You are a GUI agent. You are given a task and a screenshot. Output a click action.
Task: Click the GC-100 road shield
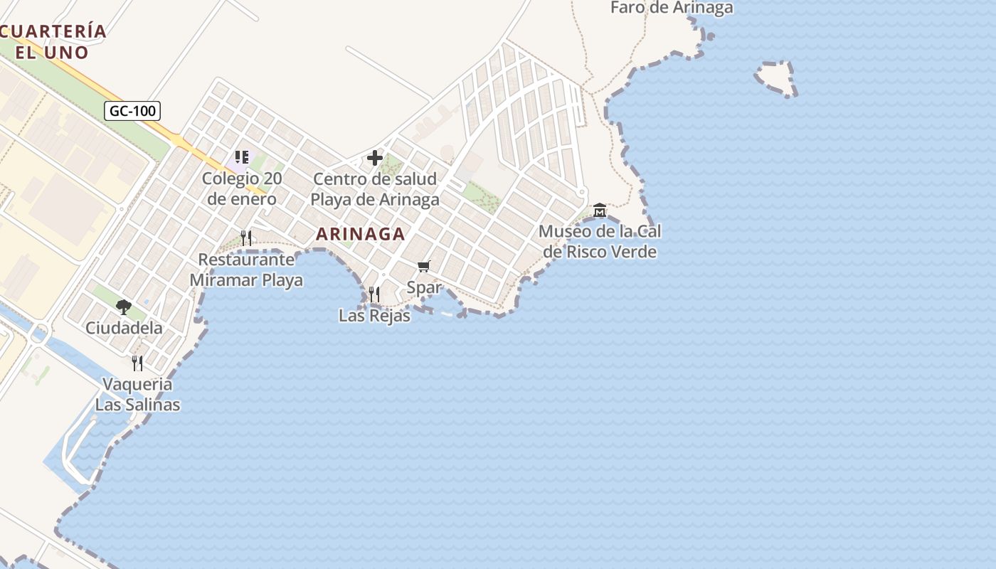point(132,111)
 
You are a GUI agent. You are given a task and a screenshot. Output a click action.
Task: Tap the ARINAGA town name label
point(361,234)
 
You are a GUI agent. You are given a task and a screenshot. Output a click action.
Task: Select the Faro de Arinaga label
point(672,8)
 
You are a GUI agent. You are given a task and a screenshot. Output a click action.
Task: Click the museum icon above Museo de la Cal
point(600,210)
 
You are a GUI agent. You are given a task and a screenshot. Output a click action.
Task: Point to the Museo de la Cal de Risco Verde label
point(600,241)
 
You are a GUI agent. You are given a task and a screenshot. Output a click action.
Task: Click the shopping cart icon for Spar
point(424,267)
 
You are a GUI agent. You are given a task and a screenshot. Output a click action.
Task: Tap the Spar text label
point(424,288)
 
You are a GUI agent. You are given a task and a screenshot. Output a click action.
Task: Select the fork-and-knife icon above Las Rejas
point(374,294)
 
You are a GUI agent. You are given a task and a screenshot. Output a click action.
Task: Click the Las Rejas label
point(374,315)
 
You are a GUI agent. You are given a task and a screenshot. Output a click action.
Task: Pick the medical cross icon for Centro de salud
point(375,158)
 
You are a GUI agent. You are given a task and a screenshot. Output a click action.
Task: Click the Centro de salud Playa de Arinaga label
point(375,189)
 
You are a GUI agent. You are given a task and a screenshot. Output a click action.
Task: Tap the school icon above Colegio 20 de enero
point(241,157)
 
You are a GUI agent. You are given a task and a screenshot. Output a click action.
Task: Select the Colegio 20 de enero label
point(242,188)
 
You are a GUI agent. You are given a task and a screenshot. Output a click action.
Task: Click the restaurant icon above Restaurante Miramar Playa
point(246,238)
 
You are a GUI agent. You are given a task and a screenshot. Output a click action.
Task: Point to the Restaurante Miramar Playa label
point(246,270)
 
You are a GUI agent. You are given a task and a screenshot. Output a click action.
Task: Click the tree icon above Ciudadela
point(124,307)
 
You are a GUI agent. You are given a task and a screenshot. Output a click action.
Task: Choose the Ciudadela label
point(124,329)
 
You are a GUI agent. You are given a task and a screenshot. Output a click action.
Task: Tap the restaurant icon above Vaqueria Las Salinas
point(137,363)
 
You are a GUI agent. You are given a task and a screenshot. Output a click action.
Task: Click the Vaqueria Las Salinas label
point(137,395)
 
